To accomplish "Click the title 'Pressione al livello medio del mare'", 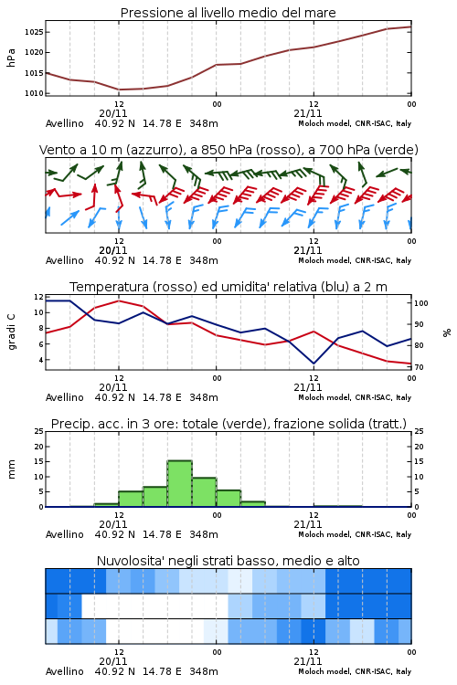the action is click(228, 13).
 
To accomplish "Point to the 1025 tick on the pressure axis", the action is click(34, 32).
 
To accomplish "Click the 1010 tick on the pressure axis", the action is click(34, 93).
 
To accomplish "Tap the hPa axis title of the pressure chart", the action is click(11, 58).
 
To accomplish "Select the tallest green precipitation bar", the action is click(180, 483).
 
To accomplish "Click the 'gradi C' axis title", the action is click(12, 332).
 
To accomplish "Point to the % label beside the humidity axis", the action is click(447, 332).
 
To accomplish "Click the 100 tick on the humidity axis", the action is click(421, 303).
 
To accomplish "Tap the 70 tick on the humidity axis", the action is click(419, 367).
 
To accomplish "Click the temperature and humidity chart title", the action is click(228, 287).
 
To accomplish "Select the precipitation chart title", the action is click(228, 424).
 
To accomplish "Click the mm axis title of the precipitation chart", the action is click(12, 469).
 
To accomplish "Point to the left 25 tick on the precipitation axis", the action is click(39, 431).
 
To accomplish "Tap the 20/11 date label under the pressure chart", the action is click(113, 113).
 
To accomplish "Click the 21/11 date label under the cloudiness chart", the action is click(308, 661).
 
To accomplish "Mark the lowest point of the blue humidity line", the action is click(314, 364).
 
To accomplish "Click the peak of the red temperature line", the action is click(119, 300).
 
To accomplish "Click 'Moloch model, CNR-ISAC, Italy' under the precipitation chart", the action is click(355, 534).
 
